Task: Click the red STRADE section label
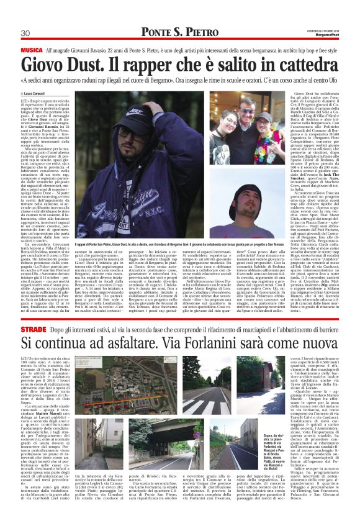[x=33, y=327]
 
